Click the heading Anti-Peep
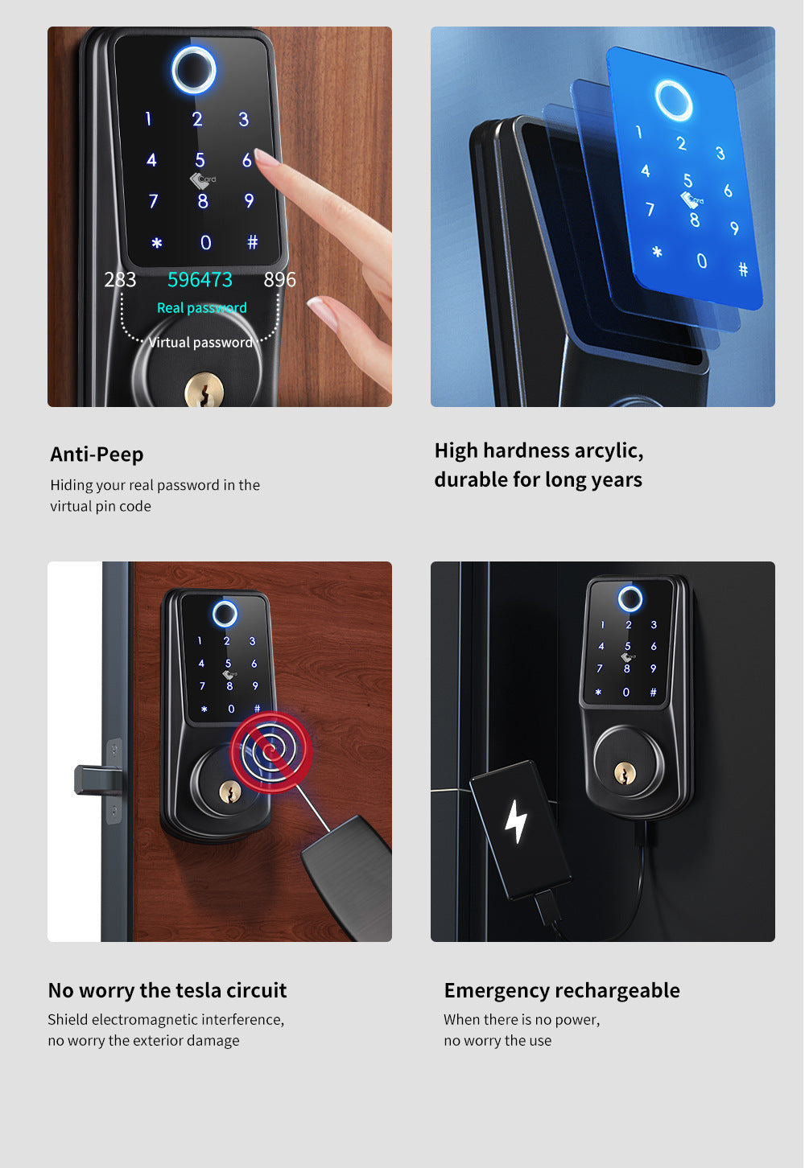(97, 454)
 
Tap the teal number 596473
(200, 280)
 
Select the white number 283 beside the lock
(120, 280)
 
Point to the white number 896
(279, 280)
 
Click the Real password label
(201, 308)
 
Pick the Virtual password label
(200, 343)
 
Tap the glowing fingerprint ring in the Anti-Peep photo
(194, 70)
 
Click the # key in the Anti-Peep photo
(252, 242)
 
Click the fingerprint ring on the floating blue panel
(673, 101)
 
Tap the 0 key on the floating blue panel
(701, 261)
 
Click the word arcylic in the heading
(606, 450)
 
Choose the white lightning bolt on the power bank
(515, 821)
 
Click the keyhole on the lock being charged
(625, 773)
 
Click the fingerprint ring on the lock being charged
(630, 598)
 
